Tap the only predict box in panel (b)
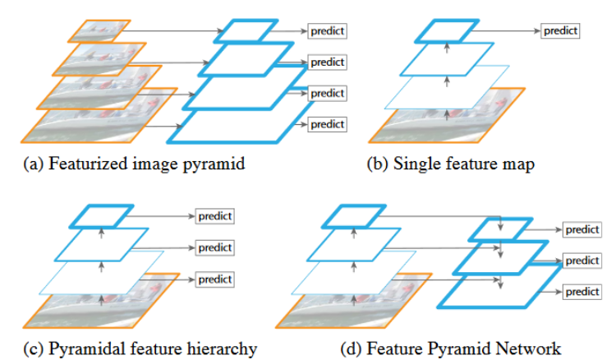click(x=561, y=31)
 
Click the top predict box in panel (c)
click(x=215, y=216)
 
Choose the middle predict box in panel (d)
click(x=582, y=261)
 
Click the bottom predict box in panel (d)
click(x=582, y=292)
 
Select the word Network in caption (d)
click(x=531, y=348)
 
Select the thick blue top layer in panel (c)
click(x=101, y=216)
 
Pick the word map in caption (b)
click(x=518, y=164)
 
